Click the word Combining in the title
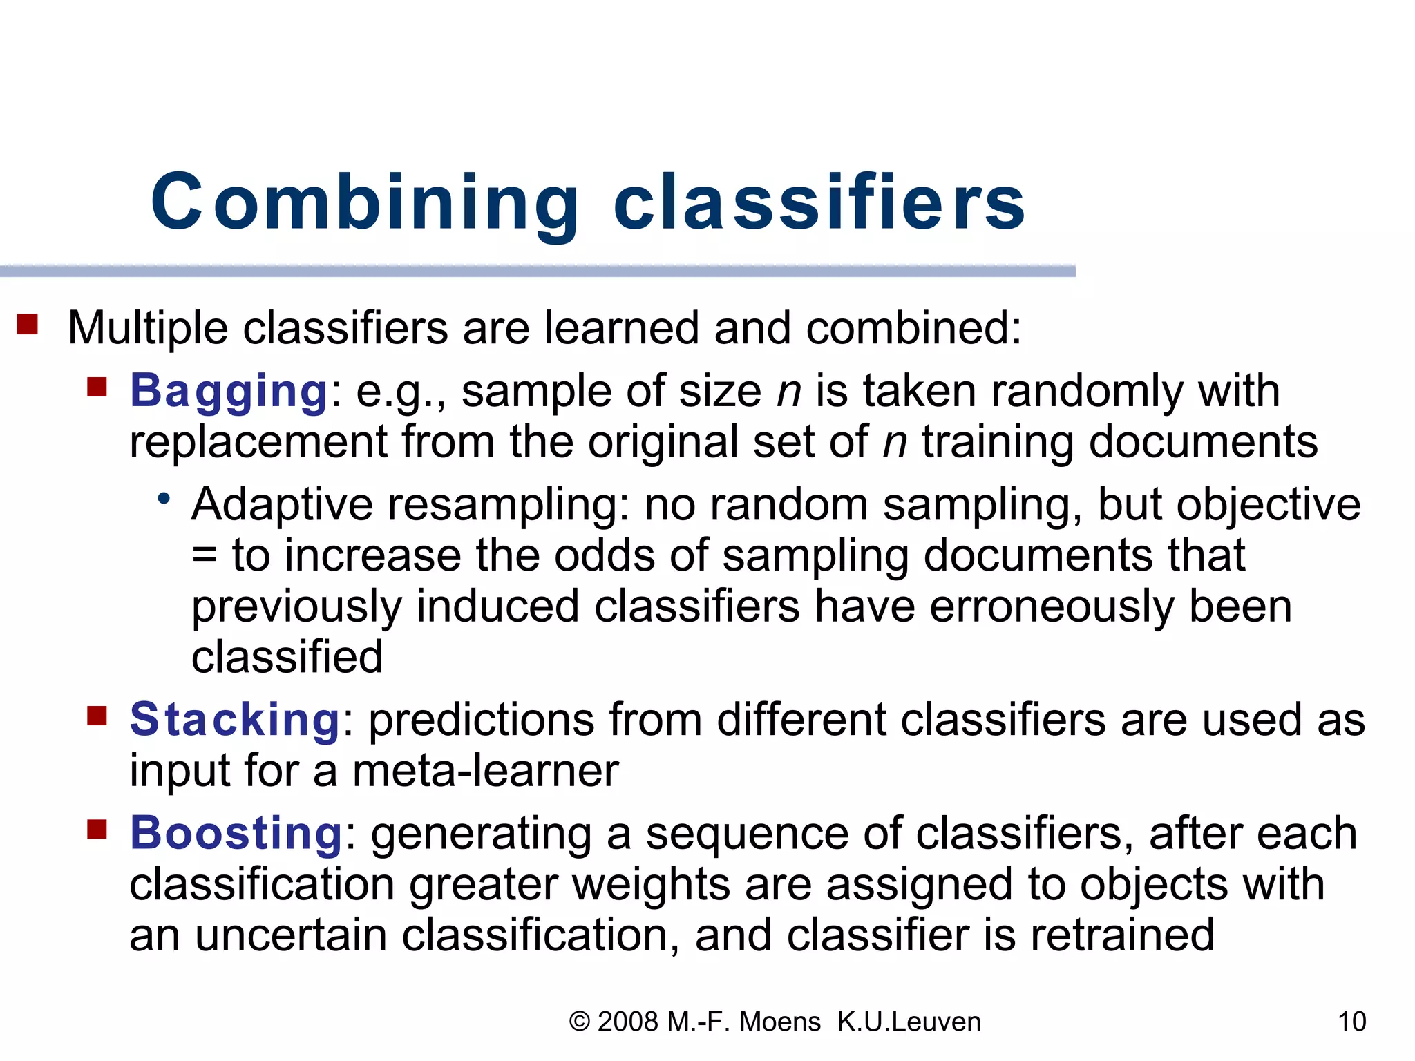click(365, 202)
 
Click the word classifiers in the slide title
click(819, 202)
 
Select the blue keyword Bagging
click(229, 391)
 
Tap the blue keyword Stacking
click(234, 720)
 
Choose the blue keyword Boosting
click(236, 833)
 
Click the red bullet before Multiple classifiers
click(27, 324)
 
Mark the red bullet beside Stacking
click(97, 716)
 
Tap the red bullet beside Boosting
click(97, 828)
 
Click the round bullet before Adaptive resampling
click(164, 498)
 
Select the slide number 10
click(1351, 1022)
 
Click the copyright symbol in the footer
click(579, 1022)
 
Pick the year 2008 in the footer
click(627, 1022)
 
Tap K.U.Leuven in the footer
click(909, 1022)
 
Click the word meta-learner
click(485, 771)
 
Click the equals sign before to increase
click(205, 556)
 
